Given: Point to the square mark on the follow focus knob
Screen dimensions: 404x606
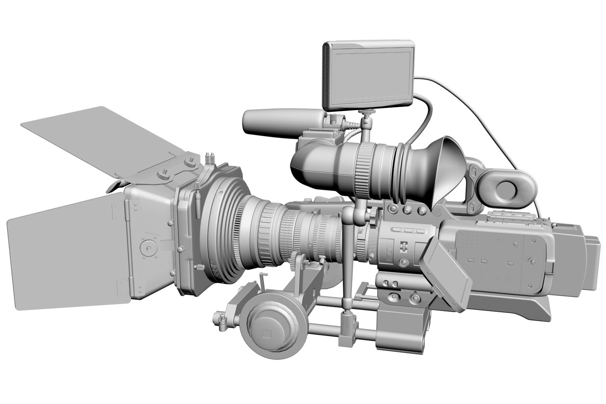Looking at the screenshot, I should tap(266, 334).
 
